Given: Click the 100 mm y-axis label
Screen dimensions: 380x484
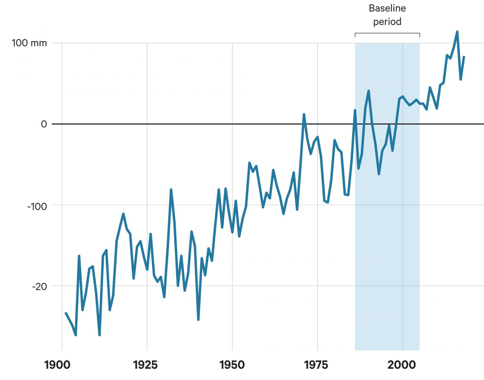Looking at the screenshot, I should coord(29,43).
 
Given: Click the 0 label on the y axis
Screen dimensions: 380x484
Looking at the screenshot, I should coord(44,124).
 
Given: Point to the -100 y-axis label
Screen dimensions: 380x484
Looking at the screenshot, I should coord(37,206).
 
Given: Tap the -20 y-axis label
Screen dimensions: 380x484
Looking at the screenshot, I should coord(39,287).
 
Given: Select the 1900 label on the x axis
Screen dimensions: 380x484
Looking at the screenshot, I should coord(57,365).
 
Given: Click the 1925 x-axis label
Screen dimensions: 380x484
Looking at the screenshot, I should coord(145,365).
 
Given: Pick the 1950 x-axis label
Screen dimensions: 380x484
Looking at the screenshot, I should coord(232,365).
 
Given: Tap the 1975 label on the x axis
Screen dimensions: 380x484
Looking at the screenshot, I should coord(316,365).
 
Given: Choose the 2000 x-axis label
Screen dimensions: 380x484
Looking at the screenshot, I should coord(401,365).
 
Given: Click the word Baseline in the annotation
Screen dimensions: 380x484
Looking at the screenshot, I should coord(387,8).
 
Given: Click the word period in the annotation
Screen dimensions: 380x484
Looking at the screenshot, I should coord(387,22).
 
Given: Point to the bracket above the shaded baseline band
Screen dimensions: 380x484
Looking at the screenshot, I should coord(387,33).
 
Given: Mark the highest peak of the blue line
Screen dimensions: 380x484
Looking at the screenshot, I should coord(457,32).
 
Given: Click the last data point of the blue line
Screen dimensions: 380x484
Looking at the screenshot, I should coord(464,57).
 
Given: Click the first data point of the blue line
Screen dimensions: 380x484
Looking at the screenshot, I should coord(66,313).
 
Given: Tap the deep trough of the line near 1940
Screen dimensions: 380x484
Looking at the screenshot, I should coord(198,319).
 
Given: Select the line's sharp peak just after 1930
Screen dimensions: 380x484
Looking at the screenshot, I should coord(171,190).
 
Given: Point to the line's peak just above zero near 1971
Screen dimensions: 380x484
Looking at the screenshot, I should coord(304,115).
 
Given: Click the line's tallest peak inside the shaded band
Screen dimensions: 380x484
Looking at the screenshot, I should coord(369,91).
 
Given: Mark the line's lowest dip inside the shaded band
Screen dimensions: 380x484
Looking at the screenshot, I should coord(379,174).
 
